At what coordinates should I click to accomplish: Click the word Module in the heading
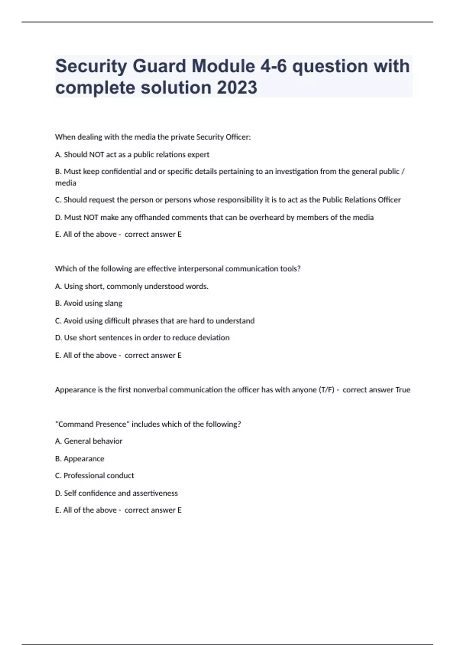223,66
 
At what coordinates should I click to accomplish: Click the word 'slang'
113,303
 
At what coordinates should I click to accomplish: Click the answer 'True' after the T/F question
403,390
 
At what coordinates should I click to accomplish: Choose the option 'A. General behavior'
89,441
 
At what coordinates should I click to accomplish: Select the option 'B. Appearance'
80,459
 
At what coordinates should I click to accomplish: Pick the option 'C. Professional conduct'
94,475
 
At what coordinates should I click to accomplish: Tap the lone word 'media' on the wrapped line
66,183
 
